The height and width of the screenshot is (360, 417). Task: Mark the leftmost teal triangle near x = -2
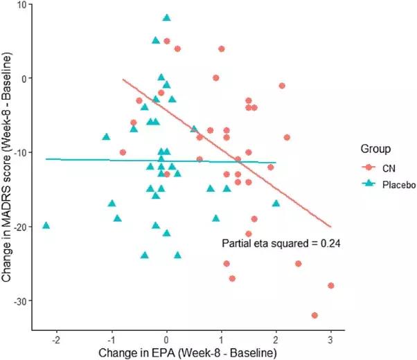click(x=46, y=226)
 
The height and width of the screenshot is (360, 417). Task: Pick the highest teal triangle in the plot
click(x=166, y=18)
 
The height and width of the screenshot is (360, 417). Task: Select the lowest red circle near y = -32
click(x=314, y=316)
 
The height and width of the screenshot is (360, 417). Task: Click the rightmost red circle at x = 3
click(x=331, y=286)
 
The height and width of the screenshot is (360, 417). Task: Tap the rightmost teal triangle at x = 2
click(x=276, y=204)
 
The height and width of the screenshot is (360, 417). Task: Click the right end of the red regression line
click(x=330, y=226)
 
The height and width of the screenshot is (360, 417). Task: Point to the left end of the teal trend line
click(x=46, y=159)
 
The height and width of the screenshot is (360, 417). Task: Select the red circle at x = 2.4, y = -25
click(x=298, y=264)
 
